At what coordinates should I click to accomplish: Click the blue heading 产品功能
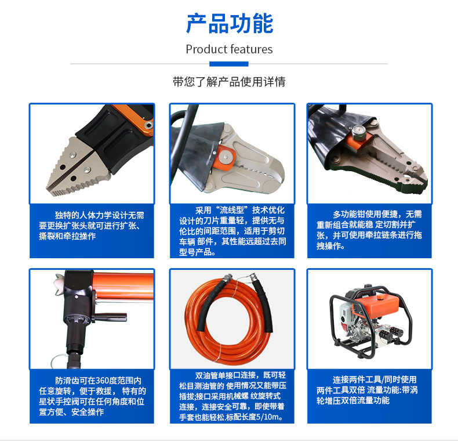point(230,23)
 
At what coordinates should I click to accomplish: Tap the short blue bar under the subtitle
point(228,64)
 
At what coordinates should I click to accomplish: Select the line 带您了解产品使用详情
point(229,82)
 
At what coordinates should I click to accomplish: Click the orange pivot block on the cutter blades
point(224,158)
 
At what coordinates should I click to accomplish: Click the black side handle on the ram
point(110,317)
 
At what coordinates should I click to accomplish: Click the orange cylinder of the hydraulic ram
point(123,287)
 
